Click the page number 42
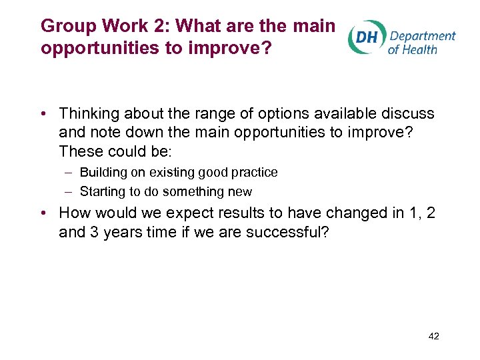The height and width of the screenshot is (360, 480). pos(433,336)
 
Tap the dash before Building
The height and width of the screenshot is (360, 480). pos(69,172)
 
